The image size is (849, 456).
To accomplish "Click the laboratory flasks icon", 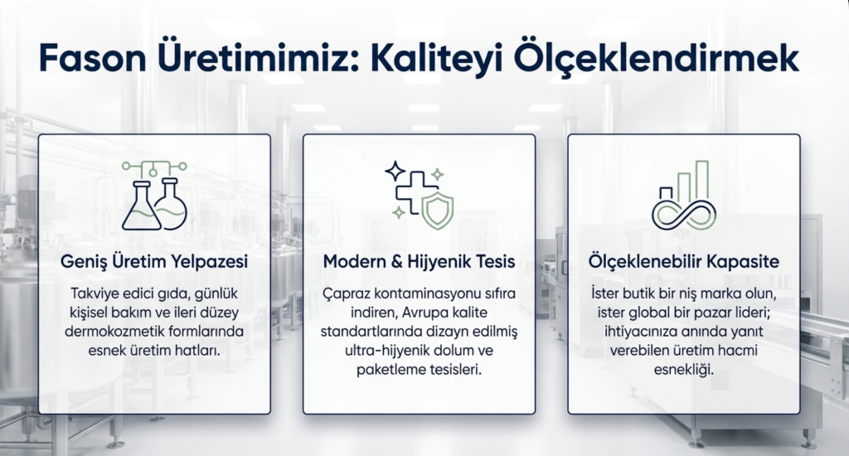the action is click(x=154, y=196).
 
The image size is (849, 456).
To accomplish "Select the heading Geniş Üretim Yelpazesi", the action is click(x=154, y=261).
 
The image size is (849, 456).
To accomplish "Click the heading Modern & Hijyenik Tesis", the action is click(x=419, y=261).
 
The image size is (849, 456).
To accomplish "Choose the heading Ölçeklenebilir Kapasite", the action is click(x=684, y=261).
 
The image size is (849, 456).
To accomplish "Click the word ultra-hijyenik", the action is click(x=386, y=351).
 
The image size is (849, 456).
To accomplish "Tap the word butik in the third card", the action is click(x=638, y=293).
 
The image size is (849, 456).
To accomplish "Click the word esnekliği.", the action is click(x=684, y=371).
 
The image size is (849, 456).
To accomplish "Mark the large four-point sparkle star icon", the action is click(x=395, y=171).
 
